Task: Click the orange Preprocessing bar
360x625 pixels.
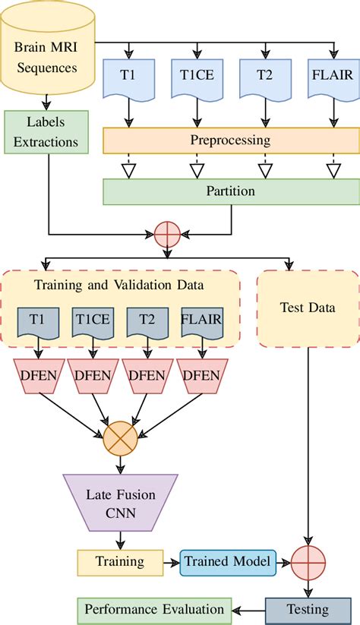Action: [x=229, y=140]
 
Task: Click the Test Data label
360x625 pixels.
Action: [x=307, y=308]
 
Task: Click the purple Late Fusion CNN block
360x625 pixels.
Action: [x=119, y=503]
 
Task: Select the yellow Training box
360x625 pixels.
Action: [x=120, y=562]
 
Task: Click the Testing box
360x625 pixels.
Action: [x=308, y=609]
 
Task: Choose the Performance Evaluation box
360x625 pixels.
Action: [x=154, y=609]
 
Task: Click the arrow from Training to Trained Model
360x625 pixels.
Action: [x=172, y=562]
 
